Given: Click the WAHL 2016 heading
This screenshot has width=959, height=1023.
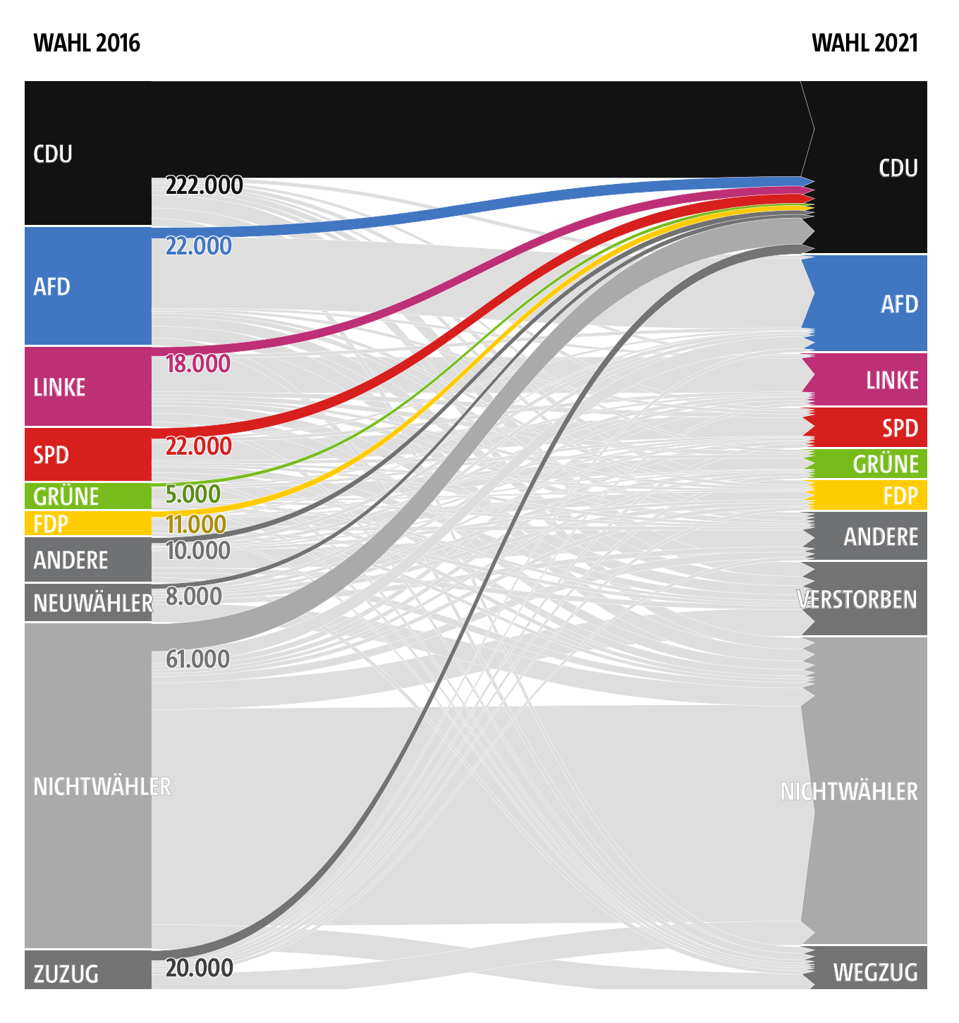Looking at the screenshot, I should [87, 44].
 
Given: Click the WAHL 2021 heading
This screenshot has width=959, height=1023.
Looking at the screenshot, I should [865, 44].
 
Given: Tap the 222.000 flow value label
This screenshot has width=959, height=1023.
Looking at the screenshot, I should [204, 185].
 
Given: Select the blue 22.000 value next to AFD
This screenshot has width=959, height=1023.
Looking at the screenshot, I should [198, 246].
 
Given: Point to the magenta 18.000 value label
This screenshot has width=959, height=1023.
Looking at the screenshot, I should [197, 364].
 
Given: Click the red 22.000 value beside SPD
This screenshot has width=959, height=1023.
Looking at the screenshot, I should [198, 446].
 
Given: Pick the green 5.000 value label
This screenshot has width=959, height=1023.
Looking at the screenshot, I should [193, 494].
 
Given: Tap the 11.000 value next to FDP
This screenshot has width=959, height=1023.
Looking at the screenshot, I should [195, 525].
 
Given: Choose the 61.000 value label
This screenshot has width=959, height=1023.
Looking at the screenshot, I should [197, 659].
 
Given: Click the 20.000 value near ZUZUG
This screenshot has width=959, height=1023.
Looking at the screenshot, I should [199, 968].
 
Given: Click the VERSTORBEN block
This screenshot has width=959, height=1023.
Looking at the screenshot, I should [865, 599].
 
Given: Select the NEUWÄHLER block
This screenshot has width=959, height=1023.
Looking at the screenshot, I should [87, 603].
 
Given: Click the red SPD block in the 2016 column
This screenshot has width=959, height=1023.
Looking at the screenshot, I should [87, 455].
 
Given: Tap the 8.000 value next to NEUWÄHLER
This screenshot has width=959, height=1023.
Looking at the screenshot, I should [193, 596].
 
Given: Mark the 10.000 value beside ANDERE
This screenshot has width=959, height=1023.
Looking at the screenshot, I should [197, 551].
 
